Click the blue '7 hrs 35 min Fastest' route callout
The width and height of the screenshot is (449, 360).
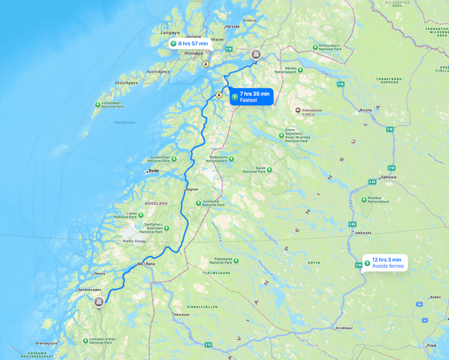click(x=251, y=97)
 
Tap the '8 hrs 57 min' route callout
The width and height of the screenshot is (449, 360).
click(x=189, y=44)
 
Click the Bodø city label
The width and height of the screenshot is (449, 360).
click(x=153, y=171)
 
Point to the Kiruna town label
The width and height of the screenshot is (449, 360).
click(x=365, y=111)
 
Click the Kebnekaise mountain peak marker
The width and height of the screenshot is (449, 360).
click(x=298, y=110)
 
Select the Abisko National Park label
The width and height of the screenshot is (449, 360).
click(x=286, y=70)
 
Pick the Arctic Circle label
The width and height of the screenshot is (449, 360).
click(x=134, y=241)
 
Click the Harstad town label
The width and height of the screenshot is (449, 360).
click(x=232, y=26)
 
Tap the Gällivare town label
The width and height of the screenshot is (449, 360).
click(x=389, y=177)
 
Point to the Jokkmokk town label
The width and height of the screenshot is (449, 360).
click(x=363, y=233)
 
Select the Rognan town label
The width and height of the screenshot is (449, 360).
click(x=192, y=190)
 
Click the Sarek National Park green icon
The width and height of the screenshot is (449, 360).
click(x=269, y=169)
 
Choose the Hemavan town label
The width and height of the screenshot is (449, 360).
click(x=181, y=315)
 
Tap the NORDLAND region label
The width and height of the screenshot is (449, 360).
click(x=156, y=203)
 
